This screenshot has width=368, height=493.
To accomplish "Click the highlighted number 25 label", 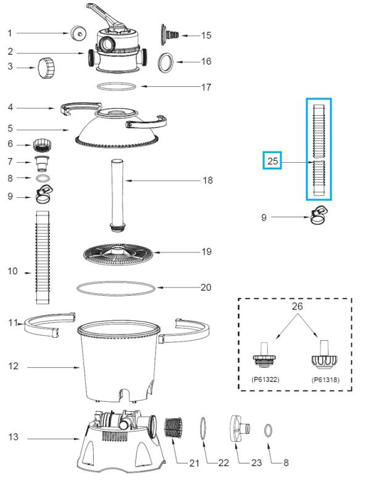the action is [x=272, y=161].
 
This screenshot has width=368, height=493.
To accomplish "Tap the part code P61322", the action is [x=266, y=380].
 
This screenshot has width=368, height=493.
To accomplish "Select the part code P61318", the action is [x=325, y=380].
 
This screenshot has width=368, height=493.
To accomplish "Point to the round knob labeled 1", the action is [x=78, y=33].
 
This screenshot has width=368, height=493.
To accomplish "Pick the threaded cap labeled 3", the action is [x=46, y=68].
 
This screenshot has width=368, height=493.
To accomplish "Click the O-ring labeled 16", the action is [x=166, y=62].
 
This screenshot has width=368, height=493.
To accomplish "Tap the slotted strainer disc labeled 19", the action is [x=118, y=254].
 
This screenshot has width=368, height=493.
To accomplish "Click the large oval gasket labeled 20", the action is [x=116, y=288].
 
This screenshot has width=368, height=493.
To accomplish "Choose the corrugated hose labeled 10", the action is [x=43, y=257].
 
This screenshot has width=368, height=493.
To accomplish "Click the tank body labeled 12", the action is [x=118, y=362].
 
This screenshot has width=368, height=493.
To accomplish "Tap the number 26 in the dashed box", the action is [x=297, y=306].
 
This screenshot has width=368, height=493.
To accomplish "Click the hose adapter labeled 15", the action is [x=170, y=35].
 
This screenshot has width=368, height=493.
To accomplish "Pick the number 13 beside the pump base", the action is [x=13, y=437].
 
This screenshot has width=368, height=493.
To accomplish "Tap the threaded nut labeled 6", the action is [x=42, y=145].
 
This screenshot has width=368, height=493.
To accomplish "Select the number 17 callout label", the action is [x=206, y=87].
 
